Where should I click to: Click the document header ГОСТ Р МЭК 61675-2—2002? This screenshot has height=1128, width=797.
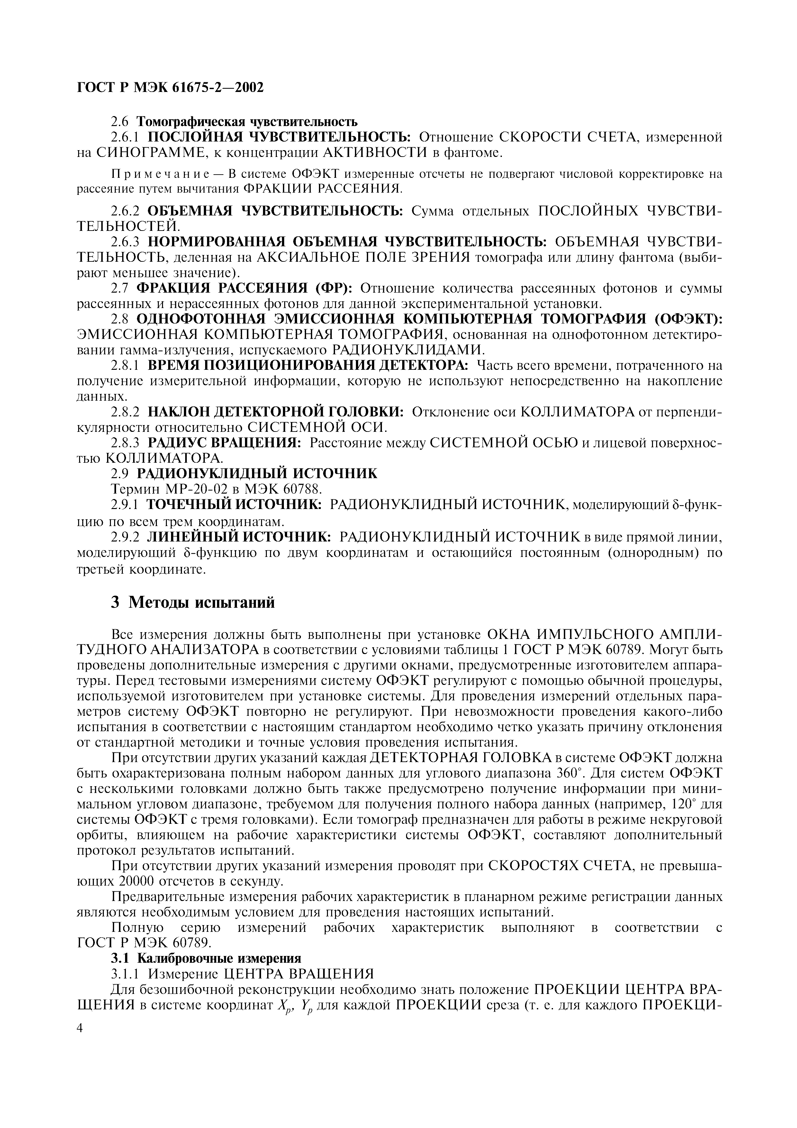coord(170,87)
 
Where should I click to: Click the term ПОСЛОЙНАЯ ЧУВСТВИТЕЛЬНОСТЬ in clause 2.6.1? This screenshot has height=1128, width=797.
coord(279,137)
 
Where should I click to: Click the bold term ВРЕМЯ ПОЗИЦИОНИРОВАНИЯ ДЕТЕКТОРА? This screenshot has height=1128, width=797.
coord(308,366)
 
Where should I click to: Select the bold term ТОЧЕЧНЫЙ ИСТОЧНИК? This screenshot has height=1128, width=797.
coord(234,505)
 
